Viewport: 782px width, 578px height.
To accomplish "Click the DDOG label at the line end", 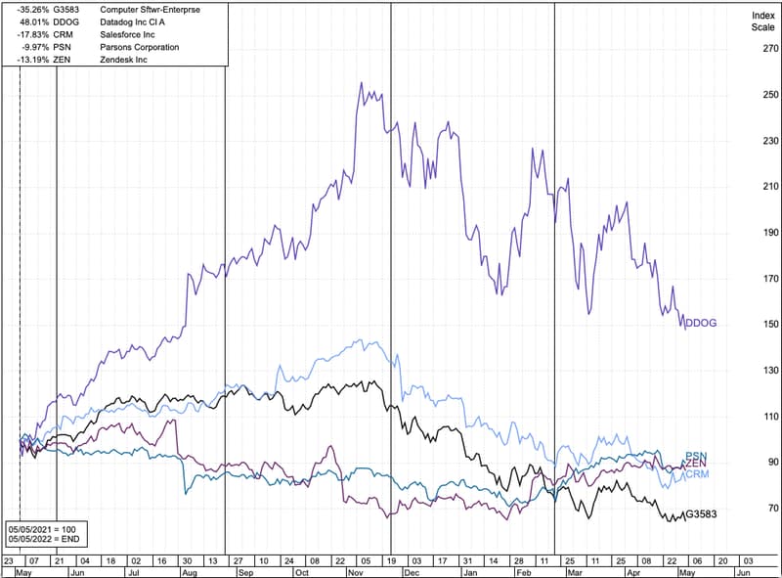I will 701,323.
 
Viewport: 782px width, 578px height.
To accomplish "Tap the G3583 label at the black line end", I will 702,514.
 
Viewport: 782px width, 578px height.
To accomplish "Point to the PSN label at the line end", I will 695,456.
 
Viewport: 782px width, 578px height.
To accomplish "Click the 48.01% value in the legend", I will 36,21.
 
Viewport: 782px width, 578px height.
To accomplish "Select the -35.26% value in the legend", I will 34,8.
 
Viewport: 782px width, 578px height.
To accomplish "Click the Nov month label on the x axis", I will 356,572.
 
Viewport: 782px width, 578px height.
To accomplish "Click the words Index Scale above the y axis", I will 762,22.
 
